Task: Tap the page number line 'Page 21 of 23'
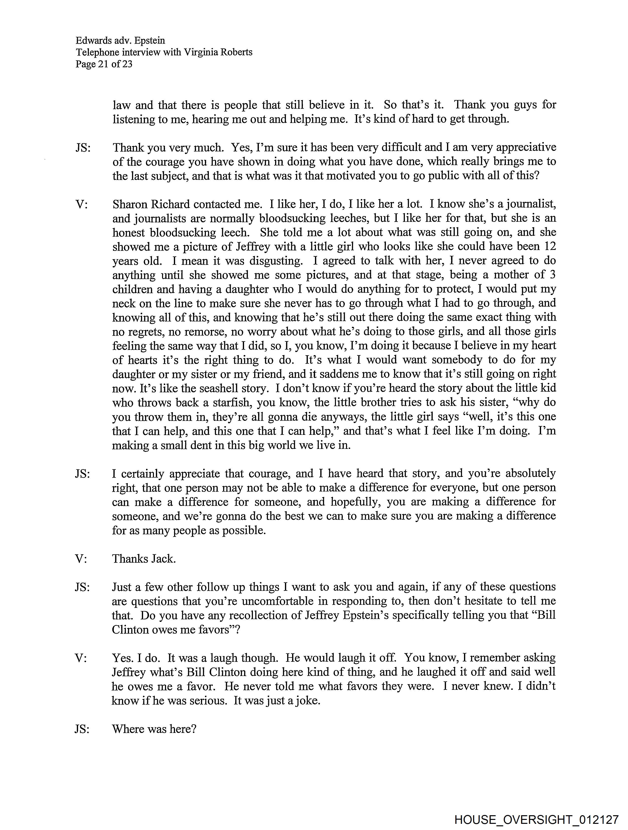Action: (x=104, y=64)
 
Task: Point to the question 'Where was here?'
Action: (x=154, y=729)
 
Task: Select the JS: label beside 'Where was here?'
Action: (x=82, y=729)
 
